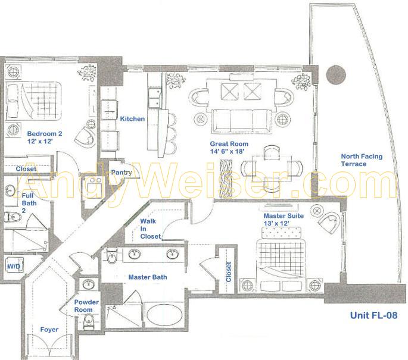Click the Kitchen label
tap(132, 119)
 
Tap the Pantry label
tap(122, 173)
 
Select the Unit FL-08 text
tap(373, 315)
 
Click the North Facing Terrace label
tap(362, 160)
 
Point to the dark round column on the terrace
tap(336, 74)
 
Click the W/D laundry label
tap(14, 266)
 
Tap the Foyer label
tap(49, 330)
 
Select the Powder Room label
tap(86, 306)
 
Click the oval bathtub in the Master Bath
tap(164, 315)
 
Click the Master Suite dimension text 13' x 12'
tap(276, 223)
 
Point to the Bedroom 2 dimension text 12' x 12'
tap(40, 141)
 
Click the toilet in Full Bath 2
tap(13, 217)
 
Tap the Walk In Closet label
tap(151, 228)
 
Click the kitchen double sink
tap(154, 98)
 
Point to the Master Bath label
tap(148, 277)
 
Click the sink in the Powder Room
tap(89, 284)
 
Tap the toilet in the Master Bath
tap(112, 256)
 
